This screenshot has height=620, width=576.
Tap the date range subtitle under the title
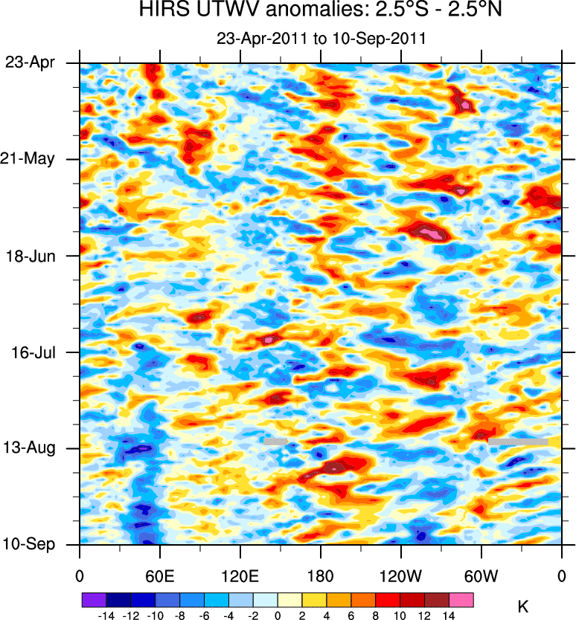[x=320, y=38]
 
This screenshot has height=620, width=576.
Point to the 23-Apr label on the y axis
[x=31, y=62]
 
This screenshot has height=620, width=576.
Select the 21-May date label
[x=31, y=159]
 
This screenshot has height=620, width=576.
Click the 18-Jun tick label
[x=31, y=256]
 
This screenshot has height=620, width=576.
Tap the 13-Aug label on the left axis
[x=31, y=448]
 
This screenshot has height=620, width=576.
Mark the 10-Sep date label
[x=31, y=544]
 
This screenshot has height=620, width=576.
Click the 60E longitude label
[x=159, y=575]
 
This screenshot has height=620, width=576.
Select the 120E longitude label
[x=240, y=575]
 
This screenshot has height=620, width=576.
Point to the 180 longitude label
[x=321, y=575]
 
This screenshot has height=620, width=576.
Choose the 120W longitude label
[x=400, y=575]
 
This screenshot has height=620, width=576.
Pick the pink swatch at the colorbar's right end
[x=461, y=597]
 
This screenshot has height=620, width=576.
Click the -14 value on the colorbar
[x=104, y=614]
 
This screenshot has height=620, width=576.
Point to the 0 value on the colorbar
[x=278, y=614]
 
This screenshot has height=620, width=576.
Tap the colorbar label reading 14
[x=449, y=614]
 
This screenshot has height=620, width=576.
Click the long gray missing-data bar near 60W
[x=518, y=442]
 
